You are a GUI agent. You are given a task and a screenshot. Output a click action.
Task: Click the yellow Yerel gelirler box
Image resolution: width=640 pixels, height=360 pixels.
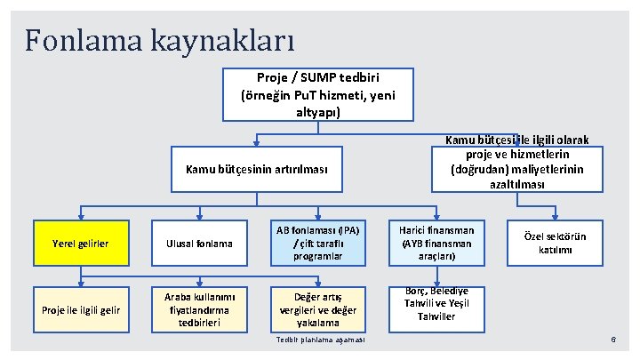(81, 244)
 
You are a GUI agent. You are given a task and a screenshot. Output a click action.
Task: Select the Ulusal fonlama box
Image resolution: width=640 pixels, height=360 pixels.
(200, 244)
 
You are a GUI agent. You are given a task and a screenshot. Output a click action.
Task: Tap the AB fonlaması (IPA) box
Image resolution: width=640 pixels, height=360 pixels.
(318, 244)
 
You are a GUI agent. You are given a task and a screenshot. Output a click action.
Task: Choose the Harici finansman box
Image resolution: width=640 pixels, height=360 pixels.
(436, 244)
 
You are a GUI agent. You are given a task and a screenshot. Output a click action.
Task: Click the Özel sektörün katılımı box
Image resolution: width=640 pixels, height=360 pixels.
(556, 244)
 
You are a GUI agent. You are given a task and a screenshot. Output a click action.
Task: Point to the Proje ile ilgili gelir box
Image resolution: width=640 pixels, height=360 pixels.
(81, 308)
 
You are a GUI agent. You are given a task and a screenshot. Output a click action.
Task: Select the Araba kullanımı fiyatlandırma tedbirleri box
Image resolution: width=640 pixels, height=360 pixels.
(200, 308)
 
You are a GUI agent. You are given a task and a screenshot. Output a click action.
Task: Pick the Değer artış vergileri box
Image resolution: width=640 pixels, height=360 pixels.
(318, 308)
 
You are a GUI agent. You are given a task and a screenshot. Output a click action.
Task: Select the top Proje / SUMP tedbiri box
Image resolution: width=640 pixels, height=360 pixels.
(317, 95)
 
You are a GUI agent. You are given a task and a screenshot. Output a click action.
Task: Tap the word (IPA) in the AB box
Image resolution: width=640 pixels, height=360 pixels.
(343, 229)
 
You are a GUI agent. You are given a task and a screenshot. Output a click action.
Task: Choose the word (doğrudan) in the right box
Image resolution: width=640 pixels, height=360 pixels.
(481, 169)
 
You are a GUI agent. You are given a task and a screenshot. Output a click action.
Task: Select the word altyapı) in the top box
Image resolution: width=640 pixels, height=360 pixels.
(317, 112)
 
